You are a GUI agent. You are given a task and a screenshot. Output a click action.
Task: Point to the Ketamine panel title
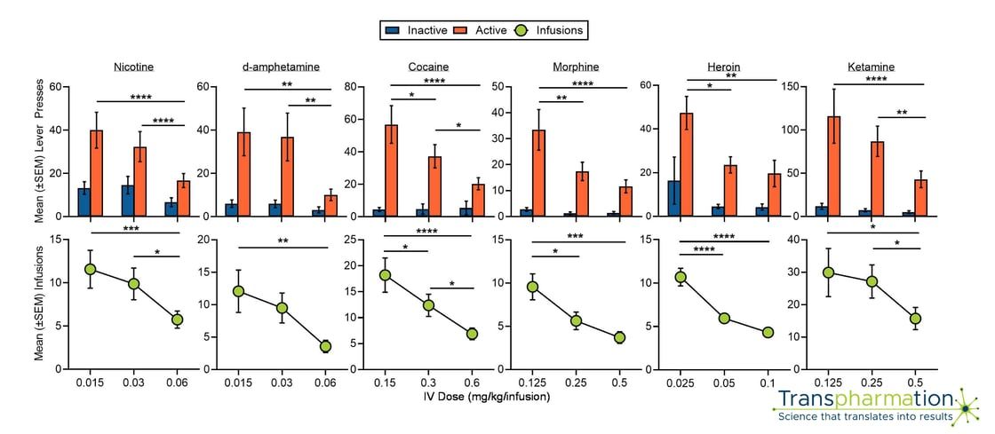[870, 67]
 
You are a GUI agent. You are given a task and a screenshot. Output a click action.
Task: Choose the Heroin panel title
[725, 67]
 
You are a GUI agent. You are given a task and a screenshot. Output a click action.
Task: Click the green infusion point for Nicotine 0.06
[177, 320]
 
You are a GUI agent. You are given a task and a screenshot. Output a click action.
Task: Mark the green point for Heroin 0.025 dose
[681, 277]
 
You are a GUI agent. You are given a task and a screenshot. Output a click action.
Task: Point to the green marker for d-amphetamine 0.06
[325, 346]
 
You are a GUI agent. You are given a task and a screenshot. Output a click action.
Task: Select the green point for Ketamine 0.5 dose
[917, 319]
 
